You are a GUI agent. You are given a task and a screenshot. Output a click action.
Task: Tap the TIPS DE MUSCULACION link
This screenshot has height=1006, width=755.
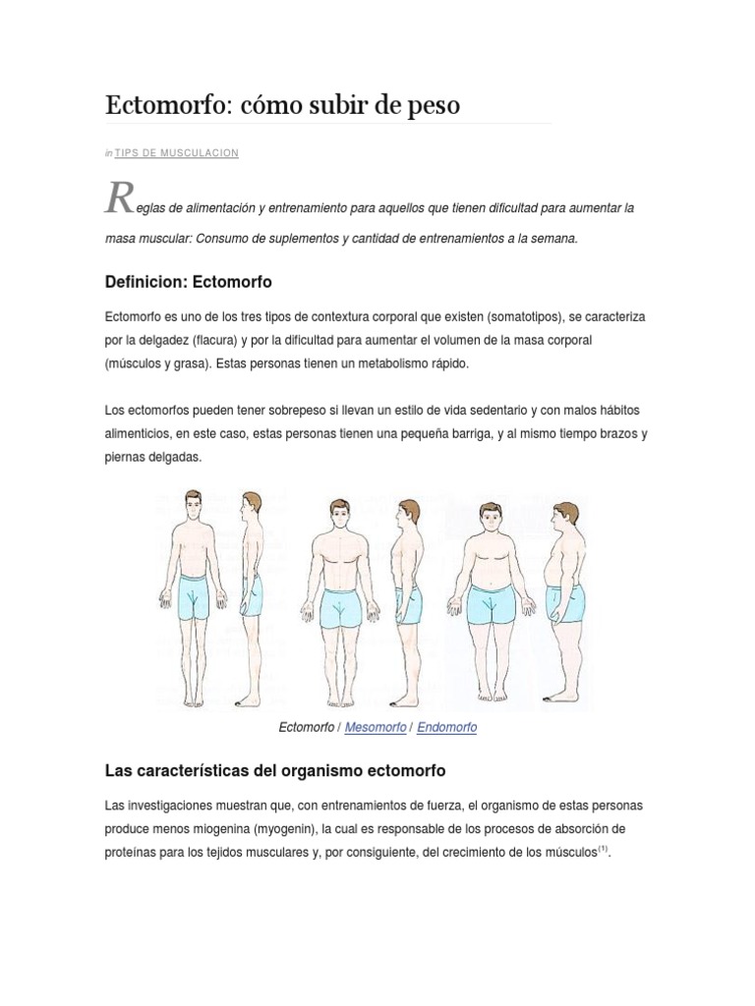click(177, 153)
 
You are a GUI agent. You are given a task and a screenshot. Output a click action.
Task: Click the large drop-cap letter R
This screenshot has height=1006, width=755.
click(118, 199)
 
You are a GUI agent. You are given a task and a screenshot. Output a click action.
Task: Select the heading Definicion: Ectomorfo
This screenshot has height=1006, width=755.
click(188, 282)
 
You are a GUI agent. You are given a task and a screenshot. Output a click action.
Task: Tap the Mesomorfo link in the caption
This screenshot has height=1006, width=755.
click(377, 728)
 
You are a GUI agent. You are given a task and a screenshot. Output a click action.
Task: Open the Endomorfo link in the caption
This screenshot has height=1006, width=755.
click(446, 728)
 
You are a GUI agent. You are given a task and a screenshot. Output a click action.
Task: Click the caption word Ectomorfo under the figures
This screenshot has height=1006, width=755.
click(307, 728)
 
